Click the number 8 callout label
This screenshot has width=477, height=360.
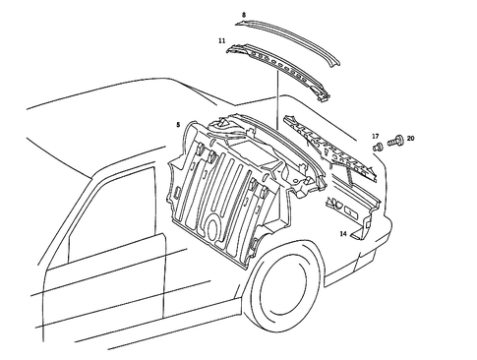pyautogui.click(x=244, y=16)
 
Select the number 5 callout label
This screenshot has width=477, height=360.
pyautogui.click(x=177, y=125)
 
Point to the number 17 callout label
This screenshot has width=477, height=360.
pyautogui.click(x=375, y=135)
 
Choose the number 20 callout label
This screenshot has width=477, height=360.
pyautogui.click(x=410, y=139)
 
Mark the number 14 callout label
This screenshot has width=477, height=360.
pyautogui.click(x=343, y=234)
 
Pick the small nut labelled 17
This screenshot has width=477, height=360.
pyautogui.click(x=378, y=147)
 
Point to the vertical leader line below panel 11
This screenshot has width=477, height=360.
pyautogui.click(x=278, y=103)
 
